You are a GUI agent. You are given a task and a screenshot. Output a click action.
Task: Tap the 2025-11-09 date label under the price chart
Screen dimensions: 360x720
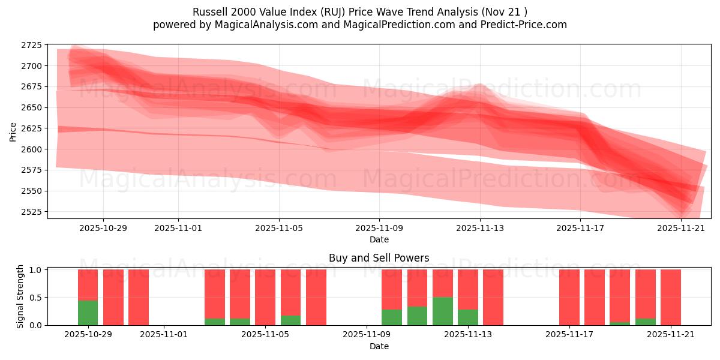379,228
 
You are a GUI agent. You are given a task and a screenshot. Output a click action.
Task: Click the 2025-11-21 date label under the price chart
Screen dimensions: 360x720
681,228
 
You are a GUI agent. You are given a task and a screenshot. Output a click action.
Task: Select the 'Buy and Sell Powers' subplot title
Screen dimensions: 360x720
379,259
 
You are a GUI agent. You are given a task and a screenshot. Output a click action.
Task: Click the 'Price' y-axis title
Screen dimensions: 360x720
13,132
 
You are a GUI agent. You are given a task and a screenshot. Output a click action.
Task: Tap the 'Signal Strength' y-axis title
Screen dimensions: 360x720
20,297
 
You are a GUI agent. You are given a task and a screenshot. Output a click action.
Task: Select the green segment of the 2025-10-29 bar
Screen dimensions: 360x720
88,313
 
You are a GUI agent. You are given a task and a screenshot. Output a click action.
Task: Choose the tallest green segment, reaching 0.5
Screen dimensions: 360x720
443,311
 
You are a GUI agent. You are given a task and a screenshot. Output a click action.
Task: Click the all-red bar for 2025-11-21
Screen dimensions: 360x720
671,297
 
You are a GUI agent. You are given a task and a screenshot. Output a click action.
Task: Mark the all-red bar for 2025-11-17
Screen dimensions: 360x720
569,297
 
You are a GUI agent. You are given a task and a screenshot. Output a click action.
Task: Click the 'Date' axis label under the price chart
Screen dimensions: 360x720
379,239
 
